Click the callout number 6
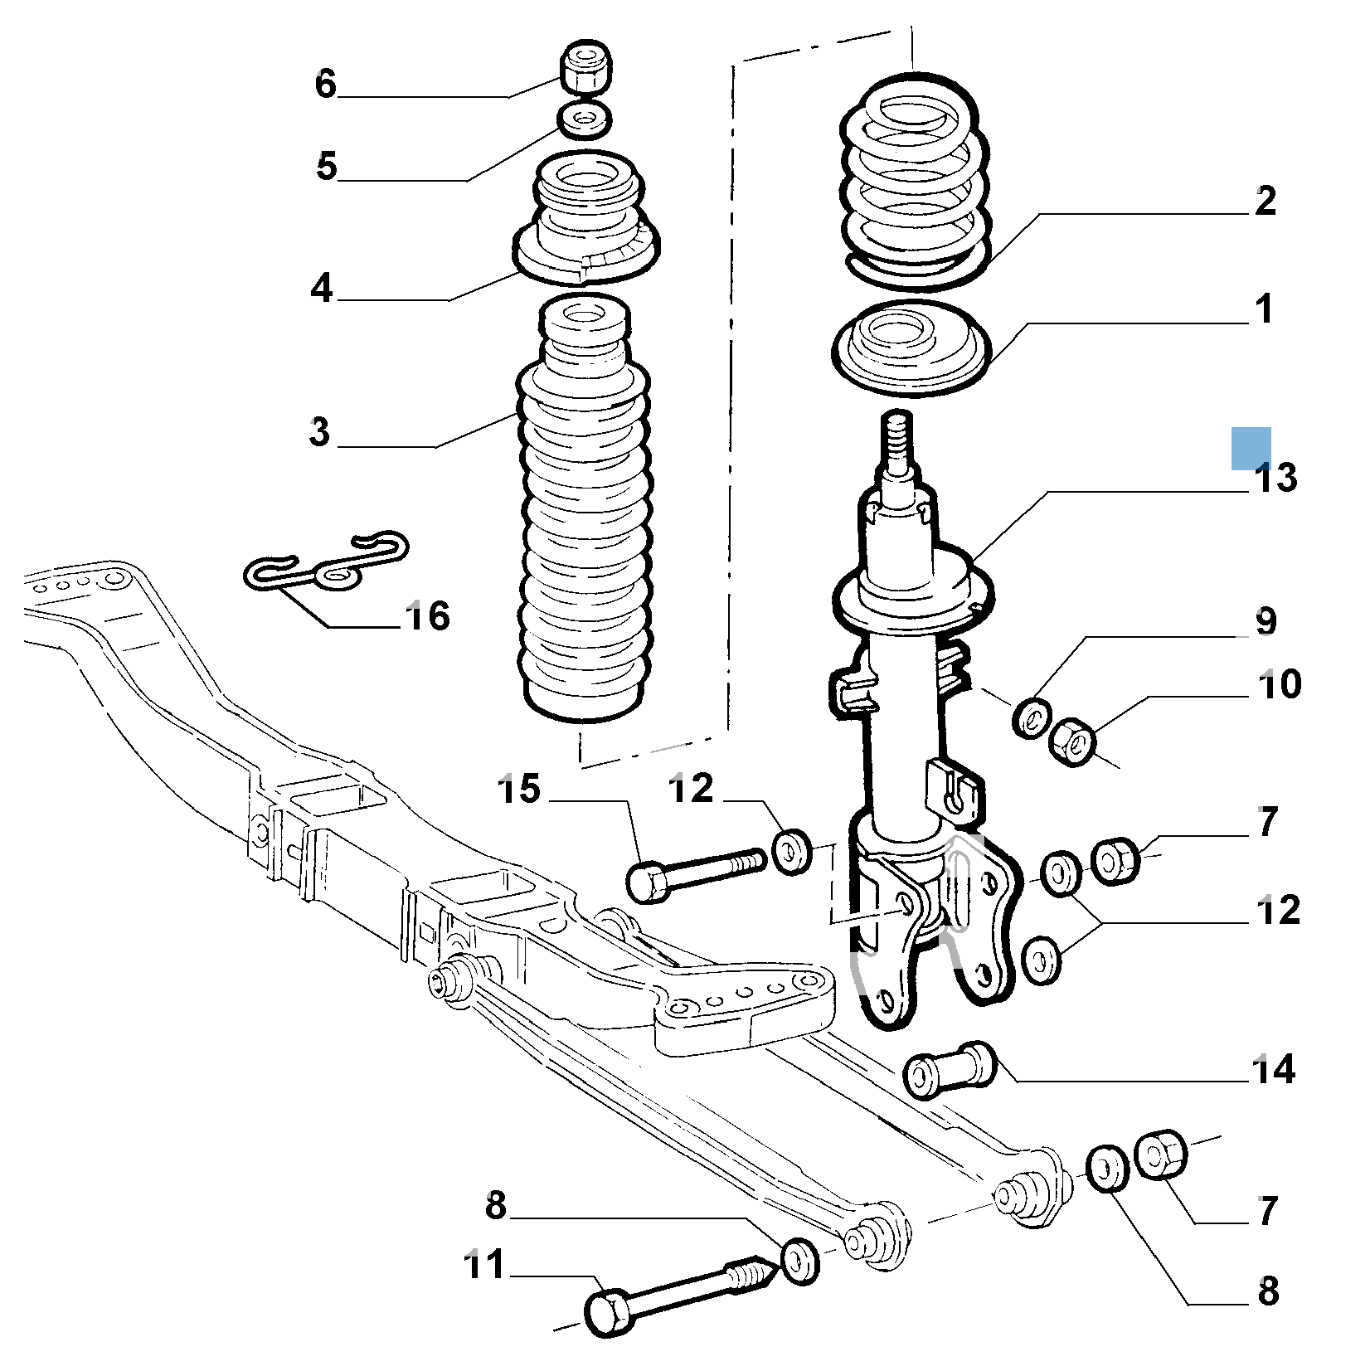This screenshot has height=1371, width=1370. pyautogui.click(x=326, y=84)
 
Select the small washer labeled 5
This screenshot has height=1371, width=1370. pyautogui.click(x=585, y=119)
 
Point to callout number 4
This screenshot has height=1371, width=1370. pyautogui.click(x=322, y=288)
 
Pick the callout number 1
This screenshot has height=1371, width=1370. pyautogui.click(x=1263, y=309)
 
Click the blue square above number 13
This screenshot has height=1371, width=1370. pyautogui.click(x=1251, y=448)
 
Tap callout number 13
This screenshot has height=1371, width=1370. pyautogui.click(x=1275, y=479)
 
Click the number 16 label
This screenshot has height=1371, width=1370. pyautogui.click(x=428, y=616)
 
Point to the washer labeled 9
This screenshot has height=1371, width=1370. pyautogui.click(x=1032, y=717)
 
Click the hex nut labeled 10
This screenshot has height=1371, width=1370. pyautogui.click(x=1072, y=741)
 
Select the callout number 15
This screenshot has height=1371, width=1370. pyautogui.click(x=519, y=790)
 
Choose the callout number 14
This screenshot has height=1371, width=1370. pyautogui.click(x=1274, y=1070)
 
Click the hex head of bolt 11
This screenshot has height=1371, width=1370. pyautogui.click(x=609, y=1313)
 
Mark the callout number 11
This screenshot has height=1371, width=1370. pyautogui.click(x=484, y=1266)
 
